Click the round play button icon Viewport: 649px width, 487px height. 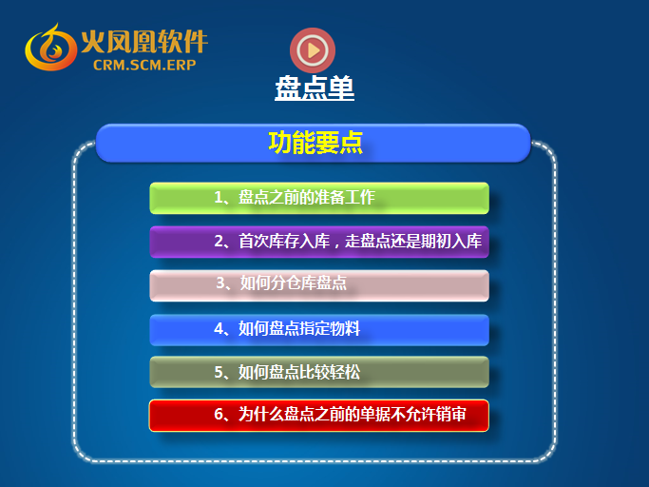pos(313,50)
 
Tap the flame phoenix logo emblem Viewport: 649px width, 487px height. pos(50,48)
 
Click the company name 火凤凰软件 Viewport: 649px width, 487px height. pos(144,41)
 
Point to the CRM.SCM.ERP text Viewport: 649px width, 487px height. pos(144,65)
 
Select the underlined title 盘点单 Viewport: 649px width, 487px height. pos(315,88)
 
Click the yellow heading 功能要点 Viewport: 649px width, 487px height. pos(315,143)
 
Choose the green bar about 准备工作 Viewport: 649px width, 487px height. pos(319,198)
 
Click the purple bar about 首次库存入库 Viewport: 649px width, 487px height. pos(319,242)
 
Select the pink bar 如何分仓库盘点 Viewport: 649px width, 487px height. pos(319,285)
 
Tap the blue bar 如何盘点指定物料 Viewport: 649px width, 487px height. pos(319,330)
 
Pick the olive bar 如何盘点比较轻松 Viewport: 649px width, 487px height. pos(319,372)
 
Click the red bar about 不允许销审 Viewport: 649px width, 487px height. pos(319,416)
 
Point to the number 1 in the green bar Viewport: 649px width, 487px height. pos(219,197)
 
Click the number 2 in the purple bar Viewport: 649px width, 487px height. pos(219,242)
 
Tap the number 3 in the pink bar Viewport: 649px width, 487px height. pos(220,282)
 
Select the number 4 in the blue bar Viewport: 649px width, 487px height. pos(219,329)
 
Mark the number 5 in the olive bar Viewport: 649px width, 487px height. pos(219,372)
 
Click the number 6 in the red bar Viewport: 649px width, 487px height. pos(219,414)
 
